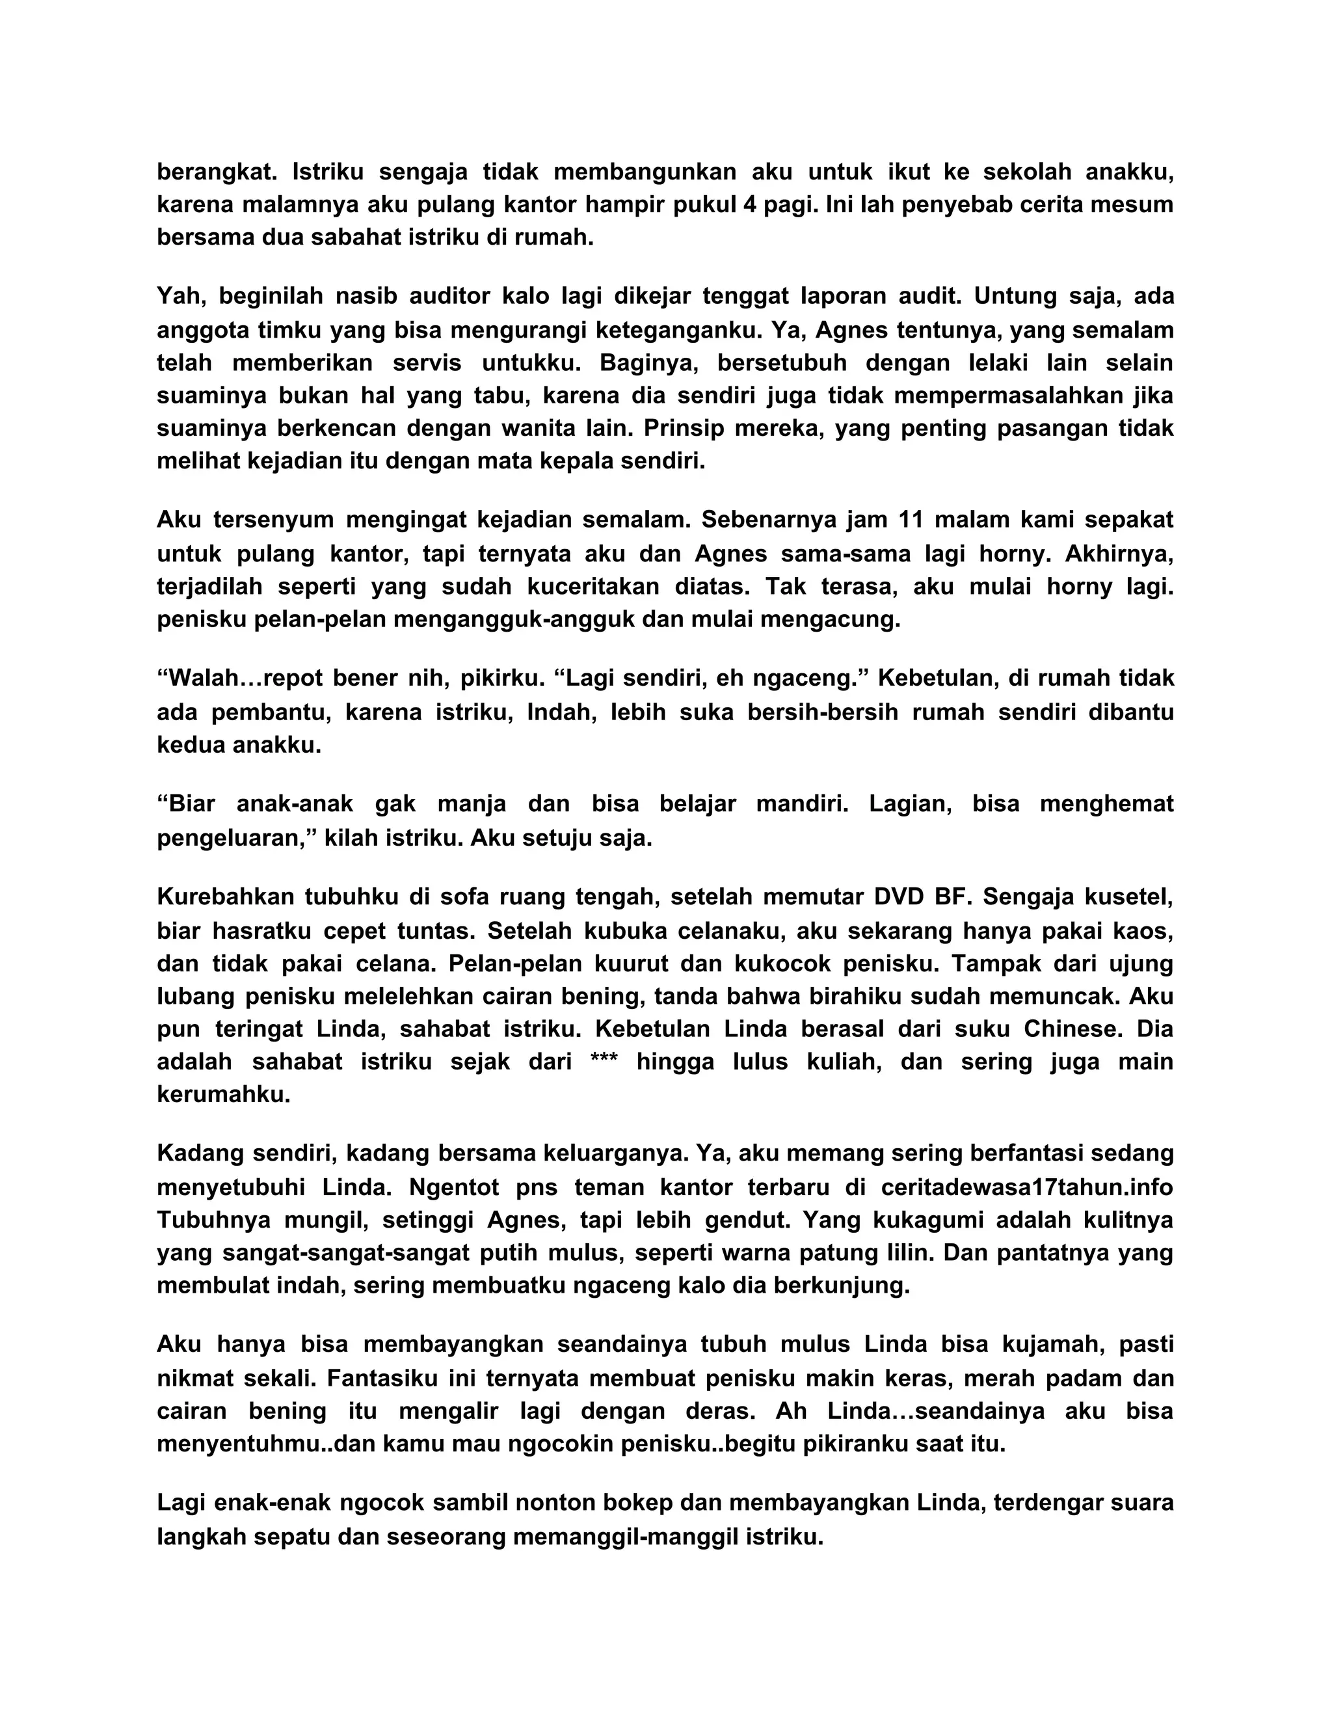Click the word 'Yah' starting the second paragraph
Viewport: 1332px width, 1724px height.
(179, 297)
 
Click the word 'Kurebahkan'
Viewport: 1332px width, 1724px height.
(224, 898)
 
